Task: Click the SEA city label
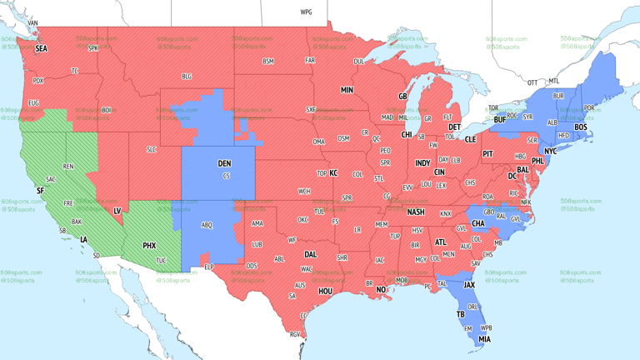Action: (41, 49)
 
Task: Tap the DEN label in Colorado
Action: (224, 163)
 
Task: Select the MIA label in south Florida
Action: (484, 339)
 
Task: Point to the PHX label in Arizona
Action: (149, 246)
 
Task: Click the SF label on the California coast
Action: (39, 191)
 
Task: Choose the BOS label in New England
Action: (580, 127)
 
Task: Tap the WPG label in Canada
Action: (306, 12)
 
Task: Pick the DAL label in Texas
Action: (310, 255)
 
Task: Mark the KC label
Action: (333, 173)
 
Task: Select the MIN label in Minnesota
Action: (347, 90)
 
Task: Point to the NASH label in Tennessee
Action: (415, 212)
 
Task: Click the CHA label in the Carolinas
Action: (478, 223)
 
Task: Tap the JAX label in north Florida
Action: (470, 285)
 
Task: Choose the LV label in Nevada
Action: (117, 211)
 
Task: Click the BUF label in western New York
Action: (499, 120)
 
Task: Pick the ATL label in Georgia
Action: (440, 242)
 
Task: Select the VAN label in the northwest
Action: (32, 23)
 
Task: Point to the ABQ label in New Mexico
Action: (207, 225)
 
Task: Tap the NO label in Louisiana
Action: (381, 290)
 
